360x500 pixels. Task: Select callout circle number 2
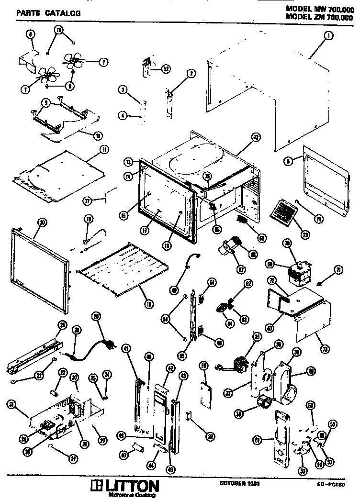tap(191, 73)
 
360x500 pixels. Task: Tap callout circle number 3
tap(123, 90)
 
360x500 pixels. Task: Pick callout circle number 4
tap(123, 115)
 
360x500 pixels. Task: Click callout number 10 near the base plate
tap(98, 135)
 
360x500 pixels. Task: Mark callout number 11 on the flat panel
tap(103, 149)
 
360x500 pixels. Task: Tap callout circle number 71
tap(339, 270)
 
